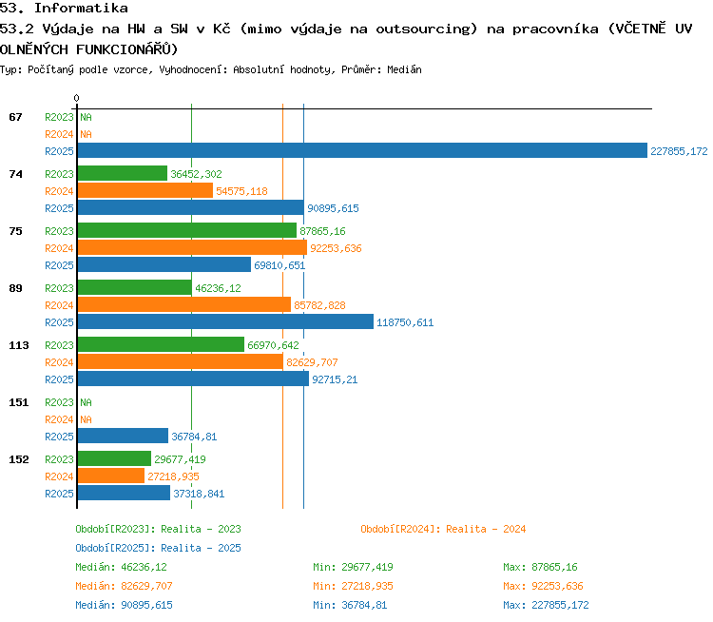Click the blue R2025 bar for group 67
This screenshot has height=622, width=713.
pos(362,150)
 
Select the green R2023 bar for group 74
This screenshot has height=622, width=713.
pos(123,173)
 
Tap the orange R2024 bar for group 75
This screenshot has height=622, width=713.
pos(192,247)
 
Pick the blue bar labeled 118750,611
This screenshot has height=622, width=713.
pos(225,321)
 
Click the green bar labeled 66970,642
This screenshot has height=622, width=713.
pos(161,344)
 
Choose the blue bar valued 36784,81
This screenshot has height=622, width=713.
pos(123,436)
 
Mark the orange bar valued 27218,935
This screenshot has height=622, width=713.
pos(111,476)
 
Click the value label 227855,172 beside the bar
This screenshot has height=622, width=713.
pos(679,151)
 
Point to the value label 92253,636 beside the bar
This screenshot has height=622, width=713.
pos(336,248)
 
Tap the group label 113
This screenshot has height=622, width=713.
pos(19,345)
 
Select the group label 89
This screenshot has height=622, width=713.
pos(15,288)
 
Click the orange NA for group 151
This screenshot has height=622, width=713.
pos(86,419)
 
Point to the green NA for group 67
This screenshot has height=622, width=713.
pos(86,117)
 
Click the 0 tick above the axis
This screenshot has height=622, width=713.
pos(76,98)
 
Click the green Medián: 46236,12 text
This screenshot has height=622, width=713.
pos(121,568)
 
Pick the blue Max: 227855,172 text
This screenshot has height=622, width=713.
pos(546,605)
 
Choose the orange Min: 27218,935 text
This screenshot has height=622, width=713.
pos(353,586)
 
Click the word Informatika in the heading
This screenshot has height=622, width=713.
pos(81,9)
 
